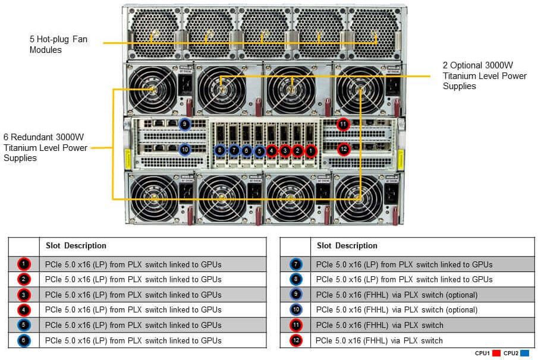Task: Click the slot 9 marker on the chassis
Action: coord(184,124)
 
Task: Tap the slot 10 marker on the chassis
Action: coord(184,150)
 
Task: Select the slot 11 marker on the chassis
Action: coord(343,124)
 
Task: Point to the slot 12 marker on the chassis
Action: coord(343,149)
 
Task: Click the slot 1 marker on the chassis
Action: coord(311,151)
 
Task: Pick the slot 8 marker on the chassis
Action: coord(220,151)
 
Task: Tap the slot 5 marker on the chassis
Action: coord(259,151)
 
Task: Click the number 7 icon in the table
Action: coord(295,264)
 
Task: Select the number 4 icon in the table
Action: coord(23,310)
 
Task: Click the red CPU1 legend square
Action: coord(496,353)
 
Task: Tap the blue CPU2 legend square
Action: coord(524,353)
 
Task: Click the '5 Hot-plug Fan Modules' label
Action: coord(57,45)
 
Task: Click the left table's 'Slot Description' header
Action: coord(76,245)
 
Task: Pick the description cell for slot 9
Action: coord(397,295)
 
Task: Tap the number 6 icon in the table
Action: coord(23,340)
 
